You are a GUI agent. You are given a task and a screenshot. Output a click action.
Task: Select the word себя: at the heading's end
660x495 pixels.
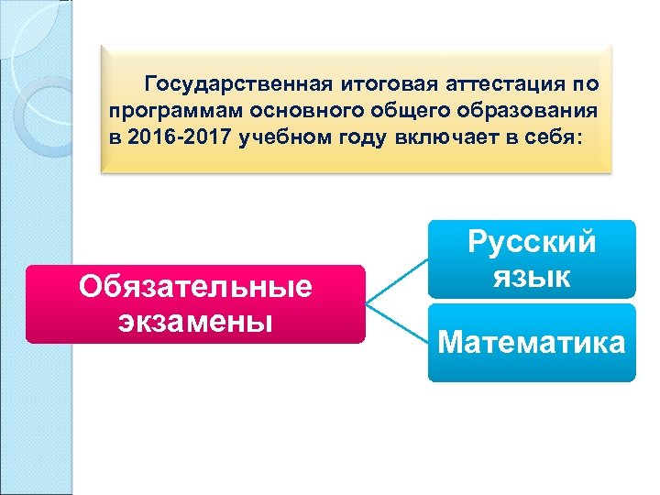(x=556, y=136)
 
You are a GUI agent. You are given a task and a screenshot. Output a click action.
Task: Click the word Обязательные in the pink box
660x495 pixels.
(x=195, y=288)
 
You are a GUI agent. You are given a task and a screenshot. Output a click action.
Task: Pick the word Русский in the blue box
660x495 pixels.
(x=532, y=243)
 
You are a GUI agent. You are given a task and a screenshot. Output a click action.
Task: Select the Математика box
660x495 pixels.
(x=532, y=344)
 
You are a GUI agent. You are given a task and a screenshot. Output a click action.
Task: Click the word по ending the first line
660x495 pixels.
(x=585, y=84)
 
